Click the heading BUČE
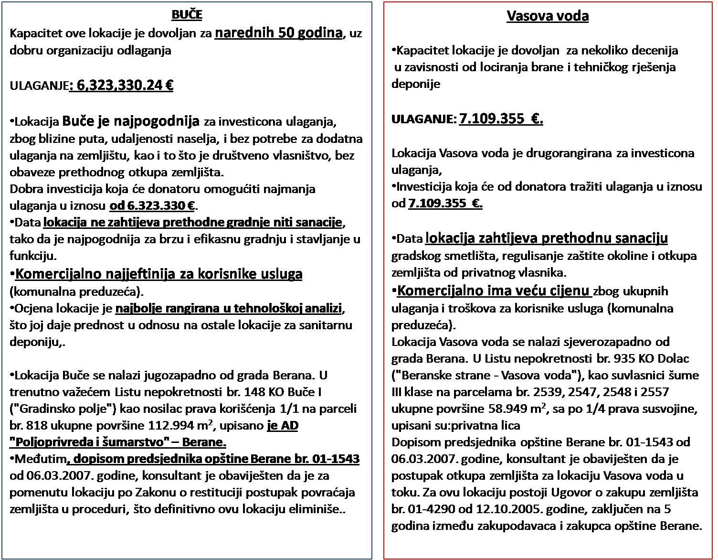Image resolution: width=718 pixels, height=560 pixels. tap(187, 15)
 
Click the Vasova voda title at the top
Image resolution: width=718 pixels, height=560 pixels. tap(547, 16)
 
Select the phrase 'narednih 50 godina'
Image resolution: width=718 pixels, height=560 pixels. tap(279, 33)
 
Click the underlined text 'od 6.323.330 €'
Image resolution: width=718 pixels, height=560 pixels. tap(153, 206)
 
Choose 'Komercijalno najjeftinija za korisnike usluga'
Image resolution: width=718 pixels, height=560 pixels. tap(158, 274)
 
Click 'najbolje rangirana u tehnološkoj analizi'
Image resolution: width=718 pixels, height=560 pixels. tap(229, 309)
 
